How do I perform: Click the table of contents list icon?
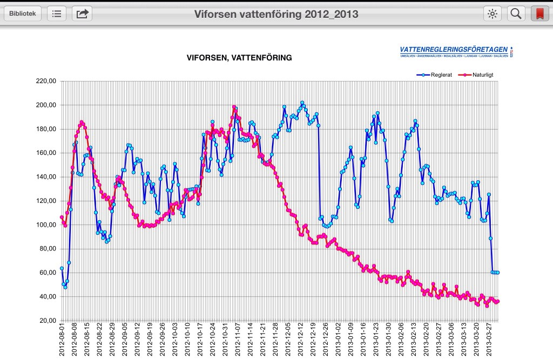(57, 13)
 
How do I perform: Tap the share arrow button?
(82, 13)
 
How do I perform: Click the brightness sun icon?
(492, 13)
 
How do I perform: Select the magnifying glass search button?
(516, 13)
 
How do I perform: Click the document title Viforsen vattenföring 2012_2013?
(276, 14)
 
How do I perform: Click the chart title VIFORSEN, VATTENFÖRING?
(239, 57)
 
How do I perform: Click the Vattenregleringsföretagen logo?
(456, 51)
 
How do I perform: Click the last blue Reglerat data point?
(497, 273)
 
